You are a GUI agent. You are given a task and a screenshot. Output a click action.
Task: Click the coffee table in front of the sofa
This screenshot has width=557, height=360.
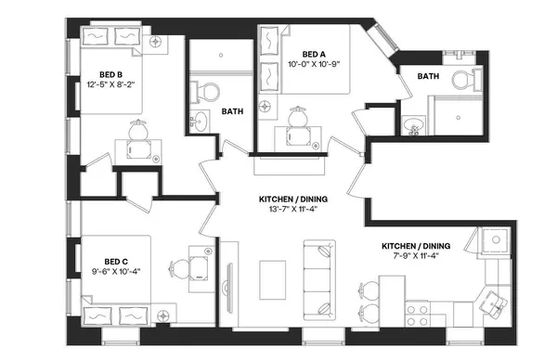point(273,277)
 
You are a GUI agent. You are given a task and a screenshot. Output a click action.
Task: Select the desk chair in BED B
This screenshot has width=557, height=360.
point(138,130)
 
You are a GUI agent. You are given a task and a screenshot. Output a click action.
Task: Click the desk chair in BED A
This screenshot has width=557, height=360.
point(299,118)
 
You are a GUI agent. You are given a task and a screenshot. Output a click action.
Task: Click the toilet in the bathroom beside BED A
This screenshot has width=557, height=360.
point(461,82)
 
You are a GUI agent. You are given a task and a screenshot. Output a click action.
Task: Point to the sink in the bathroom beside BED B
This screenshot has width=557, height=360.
point(201,121)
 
